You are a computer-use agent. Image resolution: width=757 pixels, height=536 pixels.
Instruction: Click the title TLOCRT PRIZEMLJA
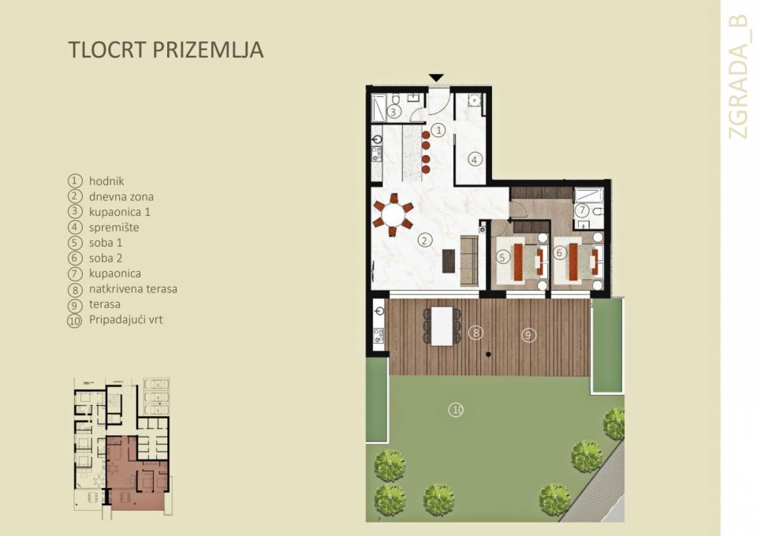[166, 50]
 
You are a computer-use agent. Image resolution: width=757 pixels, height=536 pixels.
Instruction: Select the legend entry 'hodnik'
[106, 181]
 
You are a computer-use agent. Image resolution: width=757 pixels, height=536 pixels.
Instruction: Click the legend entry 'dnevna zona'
[121, 196]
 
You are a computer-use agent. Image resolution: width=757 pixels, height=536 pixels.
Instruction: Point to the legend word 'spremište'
[114, 227]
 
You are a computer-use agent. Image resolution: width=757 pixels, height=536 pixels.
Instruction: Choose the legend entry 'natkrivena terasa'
[132, 288]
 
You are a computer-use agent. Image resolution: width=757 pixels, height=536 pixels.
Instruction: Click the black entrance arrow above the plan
[436, 78]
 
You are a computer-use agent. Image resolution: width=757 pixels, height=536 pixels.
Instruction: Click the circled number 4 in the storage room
[474, 158]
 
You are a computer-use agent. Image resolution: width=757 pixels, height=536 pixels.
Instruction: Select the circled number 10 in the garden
[455, 409]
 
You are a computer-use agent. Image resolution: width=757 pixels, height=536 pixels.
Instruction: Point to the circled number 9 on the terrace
[528, 335]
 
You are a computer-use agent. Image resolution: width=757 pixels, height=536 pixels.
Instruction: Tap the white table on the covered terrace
[443, 325]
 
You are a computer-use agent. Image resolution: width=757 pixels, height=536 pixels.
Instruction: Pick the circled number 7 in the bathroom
[582, 210]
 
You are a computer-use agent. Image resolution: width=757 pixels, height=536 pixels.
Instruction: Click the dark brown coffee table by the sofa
[449, 260]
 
